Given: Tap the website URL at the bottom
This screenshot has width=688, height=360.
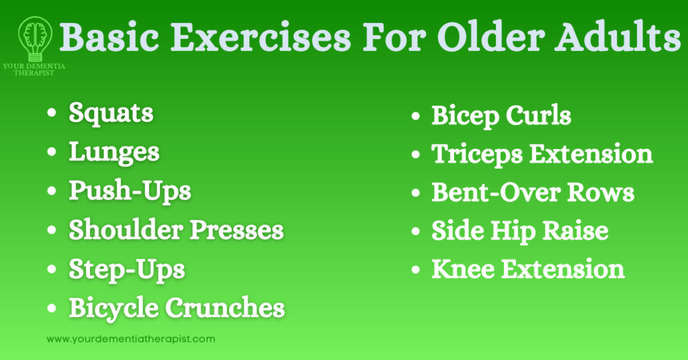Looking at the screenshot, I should pos(131,339).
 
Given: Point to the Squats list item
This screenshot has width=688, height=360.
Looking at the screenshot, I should pos(111,113).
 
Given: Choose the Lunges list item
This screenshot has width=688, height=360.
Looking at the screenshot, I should pos(114,152).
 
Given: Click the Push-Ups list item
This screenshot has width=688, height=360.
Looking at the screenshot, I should pos(130,191).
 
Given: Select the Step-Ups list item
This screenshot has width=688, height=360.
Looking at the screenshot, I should pos(127,269).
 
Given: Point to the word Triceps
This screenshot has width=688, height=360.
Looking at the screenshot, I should pos(476,154).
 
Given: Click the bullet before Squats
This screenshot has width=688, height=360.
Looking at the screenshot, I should pos(52,114).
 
